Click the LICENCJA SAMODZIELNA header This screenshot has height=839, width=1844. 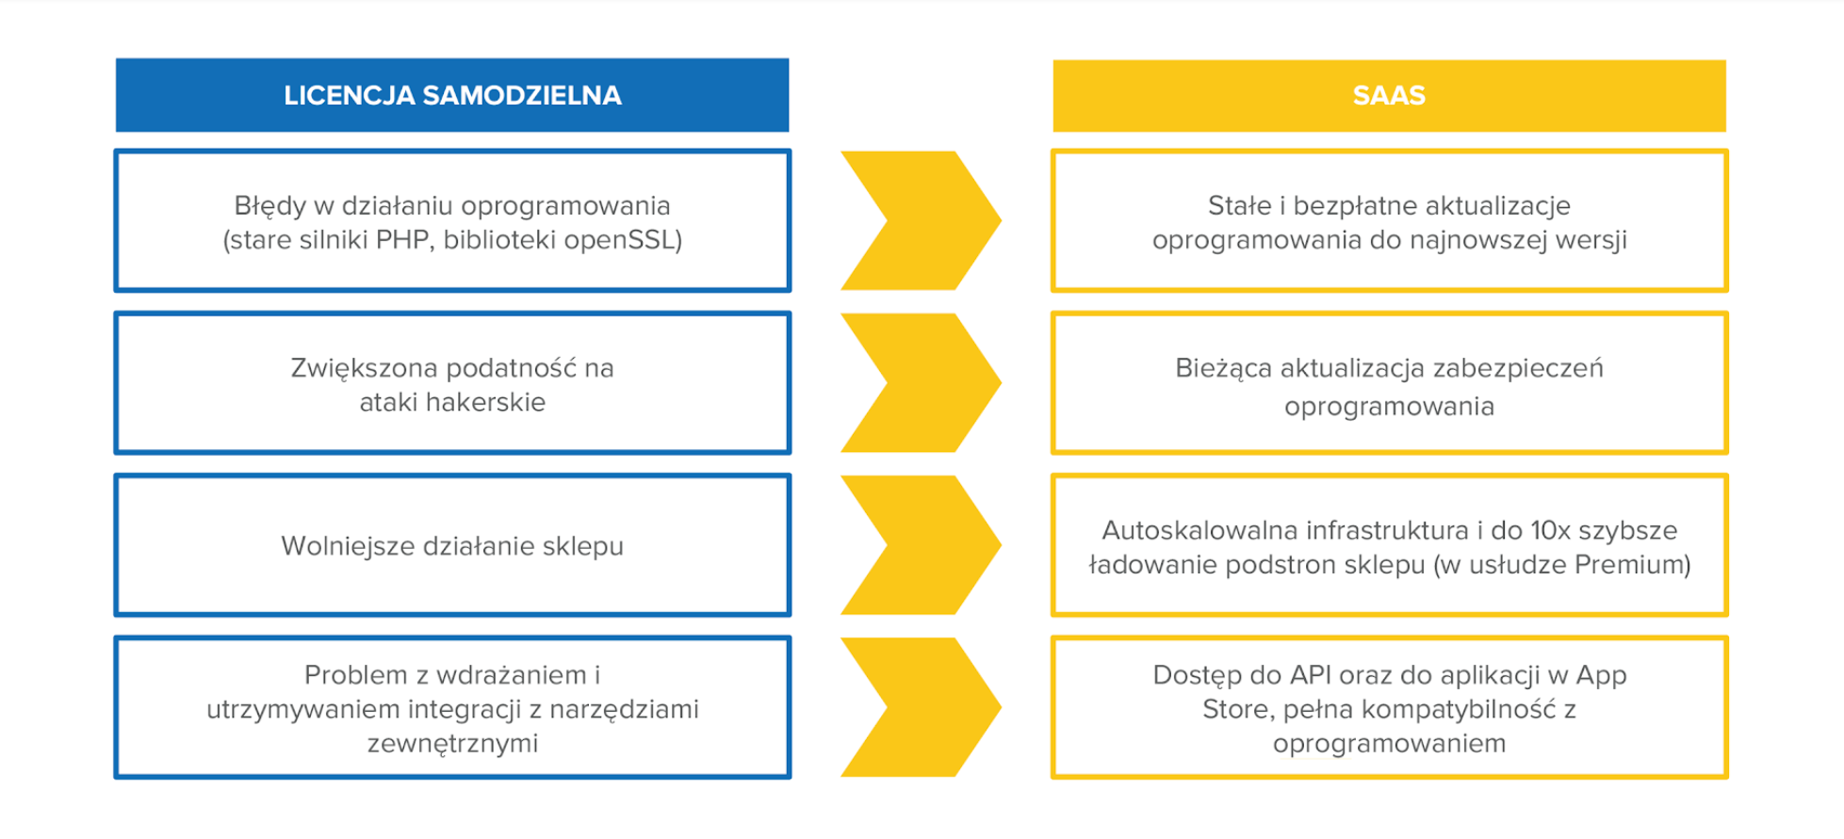coord(452,95)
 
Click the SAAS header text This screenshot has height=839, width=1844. coord(1389,95)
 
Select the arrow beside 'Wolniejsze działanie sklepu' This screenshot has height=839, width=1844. coord(921,545)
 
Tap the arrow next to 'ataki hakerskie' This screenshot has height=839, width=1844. coord(921,383)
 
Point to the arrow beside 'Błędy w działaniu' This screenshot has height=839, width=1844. coord(921,220)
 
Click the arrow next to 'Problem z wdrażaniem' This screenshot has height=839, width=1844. coord(921,707)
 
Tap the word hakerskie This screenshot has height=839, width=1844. coord(485,402)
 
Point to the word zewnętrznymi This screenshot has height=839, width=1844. coord(452,744)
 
